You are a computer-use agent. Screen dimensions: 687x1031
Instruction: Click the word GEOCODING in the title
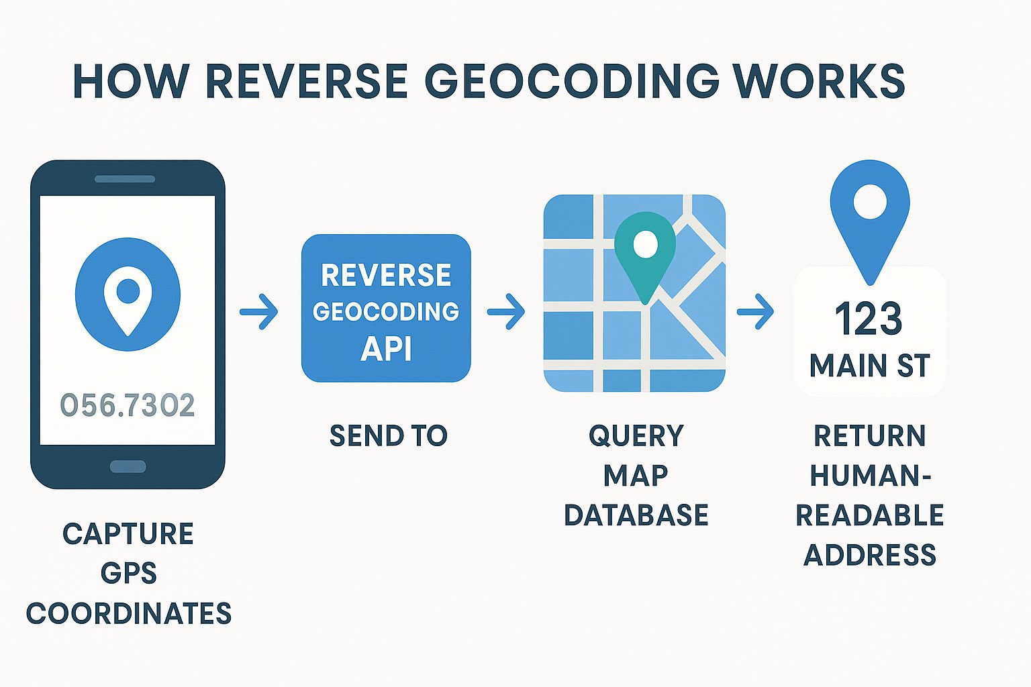click(572, 81)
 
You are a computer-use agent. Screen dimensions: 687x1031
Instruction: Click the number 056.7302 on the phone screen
click(128, 405)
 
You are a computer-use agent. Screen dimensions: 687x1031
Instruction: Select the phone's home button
click(128, 466)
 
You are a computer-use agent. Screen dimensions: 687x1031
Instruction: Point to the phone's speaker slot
click(125, 179)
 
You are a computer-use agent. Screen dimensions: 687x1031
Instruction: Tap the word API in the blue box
click(386, 349)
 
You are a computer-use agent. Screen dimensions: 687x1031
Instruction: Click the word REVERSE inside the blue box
click(386, 275)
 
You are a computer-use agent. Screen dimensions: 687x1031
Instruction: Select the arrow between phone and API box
click(260, 311)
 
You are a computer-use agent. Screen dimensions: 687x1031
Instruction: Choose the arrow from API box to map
click(507, 311)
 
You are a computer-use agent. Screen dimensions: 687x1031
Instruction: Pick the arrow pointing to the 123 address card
click(756, 311)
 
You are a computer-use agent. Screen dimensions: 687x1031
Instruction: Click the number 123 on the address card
click(869, 319)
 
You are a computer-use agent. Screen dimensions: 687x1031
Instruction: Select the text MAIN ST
click(870, 366)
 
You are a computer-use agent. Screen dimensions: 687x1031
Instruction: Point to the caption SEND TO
click(388, 436)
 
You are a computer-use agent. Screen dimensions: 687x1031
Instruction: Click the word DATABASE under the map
click(636, 515)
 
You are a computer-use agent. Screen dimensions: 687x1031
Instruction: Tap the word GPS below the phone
click(128, 574)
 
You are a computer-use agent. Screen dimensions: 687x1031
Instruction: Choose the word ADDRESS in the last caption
click(870, 556)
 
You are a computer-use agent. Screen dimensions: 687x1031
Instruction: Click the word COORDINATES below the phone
click(129, 614)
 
